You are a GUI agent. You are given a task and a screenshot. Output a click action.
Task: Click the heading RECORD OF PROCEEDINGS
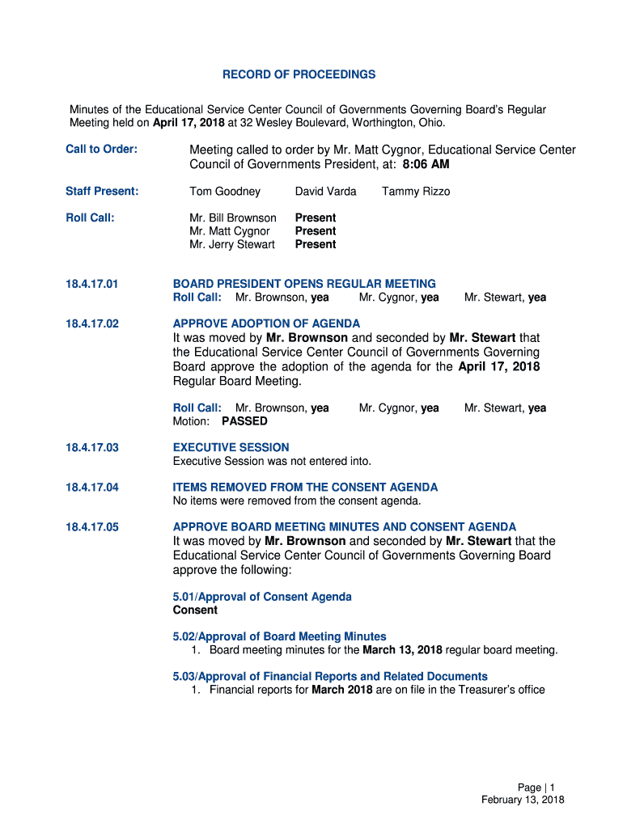click(x=299, y=74)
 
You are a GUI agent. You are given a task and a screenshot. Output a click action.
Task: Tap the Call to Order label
click(x=101, y=150)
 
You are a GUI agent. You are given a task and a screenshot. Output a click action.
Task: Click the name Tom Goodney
click(x=225, y=192)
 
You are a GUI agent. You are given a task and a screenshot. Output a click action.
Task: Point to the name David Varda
click(x=325, y=192)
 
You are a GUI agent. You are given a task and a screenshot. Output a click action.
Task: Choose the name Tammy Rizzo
click(x=416, y=192)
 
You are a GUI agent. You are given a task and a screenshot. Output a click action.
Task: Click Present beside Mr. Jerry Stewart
click(x=315, y=244)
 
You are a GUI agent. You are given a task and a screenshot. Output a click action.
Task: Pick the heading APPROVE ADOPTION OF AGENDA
click(x=267, y=323)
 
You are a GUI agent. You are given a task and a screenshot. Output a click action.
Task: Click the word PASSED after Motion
click(x=244, y=421)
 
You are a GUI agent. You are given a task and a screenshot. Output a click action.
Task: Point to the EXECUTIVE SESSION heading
click(x=231, y=447)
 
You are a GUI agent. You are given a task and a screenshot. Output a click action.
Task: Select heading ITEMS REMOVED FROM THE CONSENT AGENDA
click(x=305, y=487)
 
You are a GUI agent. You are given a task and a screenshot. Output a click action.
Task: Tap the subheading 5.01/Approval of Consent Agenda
click(x=262, y=597)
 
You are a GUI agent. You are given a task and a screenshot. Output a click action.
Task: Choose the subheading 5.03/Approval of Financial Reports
click(x=330, y=676)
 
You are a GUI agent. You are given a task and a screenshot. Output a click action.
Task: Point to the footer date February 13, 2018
click(x=523, y=800)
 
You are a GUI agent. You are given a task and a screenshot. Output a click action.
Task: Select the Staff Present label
click(x=102, y=192)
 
